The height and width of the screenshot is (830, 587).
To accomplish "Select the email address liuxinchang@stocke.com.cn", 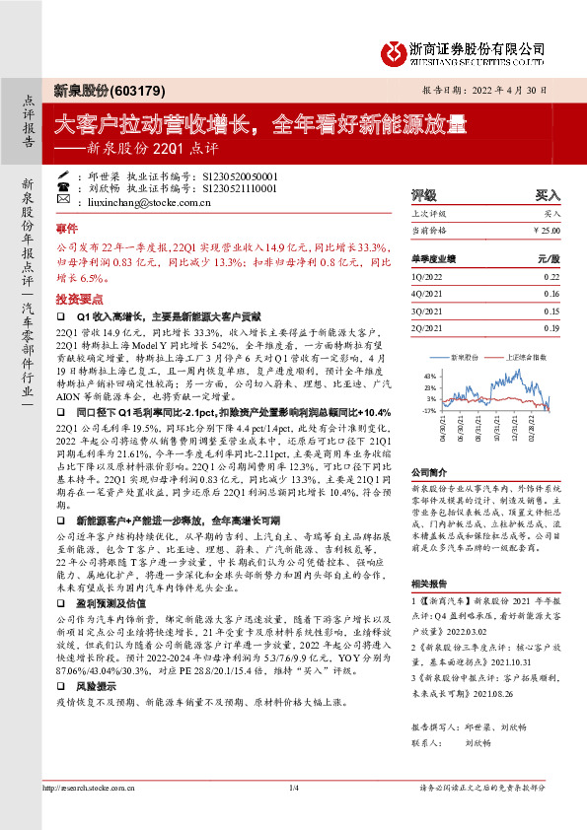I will coord(156,201).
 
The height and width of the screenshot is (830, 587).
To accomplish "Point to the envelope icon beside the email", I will coord(79,201).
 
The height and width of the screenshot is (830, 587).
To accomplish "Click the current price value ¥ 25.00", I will coord(546,230).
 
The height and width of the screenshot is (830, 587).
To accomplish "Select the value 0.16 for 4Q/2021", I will coord(550,295).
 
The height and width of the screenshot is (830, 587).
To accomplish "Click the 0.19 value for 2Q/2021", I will coord(550,326).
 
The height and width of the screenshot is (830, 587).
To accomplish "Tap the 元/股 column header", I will coord(548,258).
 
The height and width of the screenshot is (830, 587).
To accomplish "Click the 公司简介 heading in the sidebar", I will coord(428,472).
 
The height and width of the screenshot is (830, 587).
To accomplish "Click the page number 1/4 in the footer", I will coord(293,787).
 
